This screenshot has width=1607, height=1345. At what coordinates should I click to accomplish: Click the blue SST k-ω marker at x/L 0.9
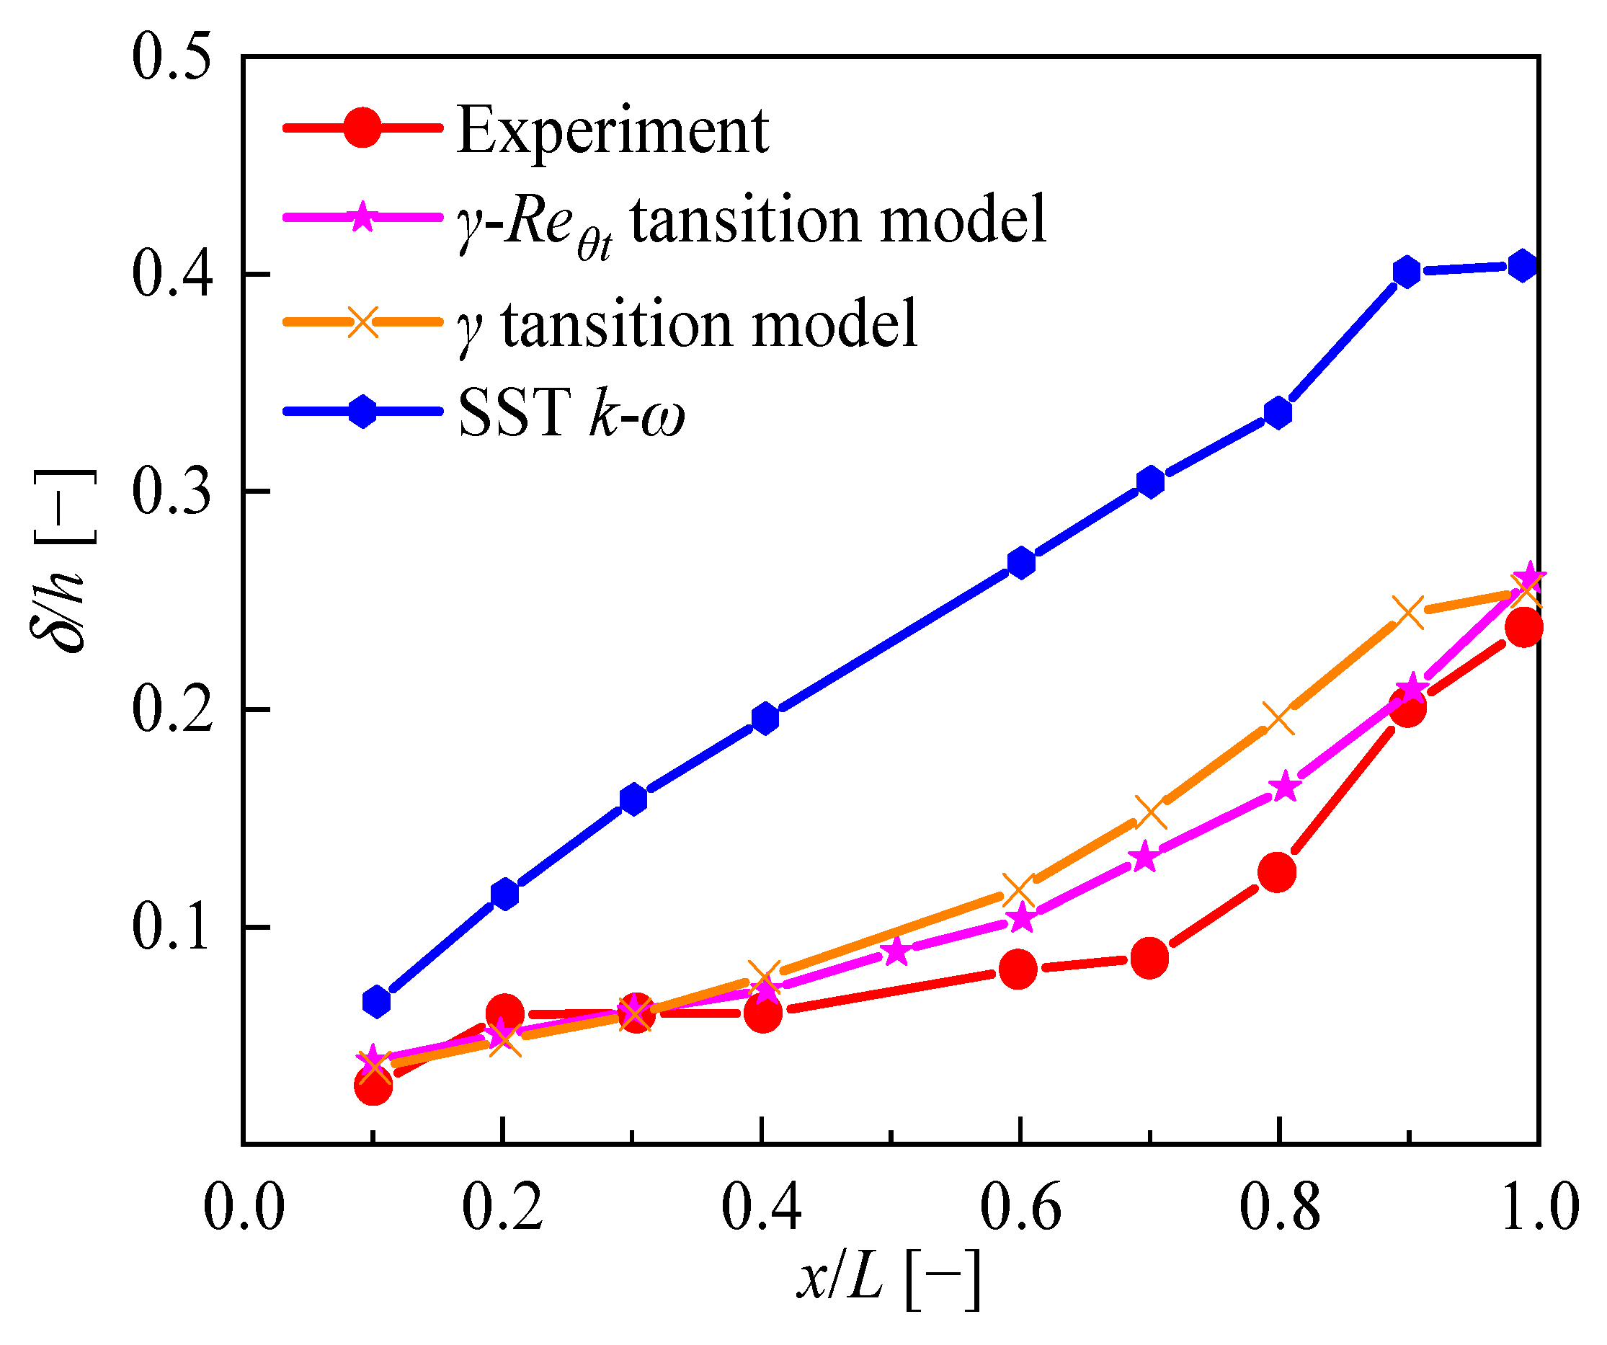click(1407, 272)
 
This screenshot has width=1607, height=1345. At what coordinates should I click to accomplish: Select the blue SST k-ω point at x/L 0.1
click(375, 1001)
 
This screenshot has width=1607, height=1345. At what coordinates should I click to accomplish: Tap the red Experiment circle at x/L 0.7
click(1149, 958)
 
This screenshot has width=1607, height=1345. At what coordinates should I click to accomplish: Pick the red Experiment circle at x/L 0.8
click(1277, 872)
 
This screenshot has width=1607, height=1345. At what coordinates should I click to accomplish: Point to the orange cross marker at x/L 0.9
click(1408, 612)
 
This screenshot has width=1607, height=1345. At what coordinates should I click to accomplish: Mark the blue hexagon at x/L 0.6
click(1021, 563)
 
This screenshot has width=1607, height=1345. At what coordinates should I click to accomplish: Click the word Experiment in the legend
click(613, 130)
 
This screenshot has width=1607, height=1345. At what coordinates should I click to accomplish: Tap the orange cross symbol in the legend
click(362, 321)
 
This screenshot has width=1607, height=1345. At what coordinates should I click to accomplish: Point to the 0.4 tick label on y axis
click(172, 274)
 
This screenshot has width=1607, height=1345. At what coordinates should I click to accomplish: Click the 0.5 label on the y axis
click(172, 58)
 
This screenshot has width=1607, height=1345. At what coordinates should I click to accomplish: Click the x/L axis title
click(888, 1279)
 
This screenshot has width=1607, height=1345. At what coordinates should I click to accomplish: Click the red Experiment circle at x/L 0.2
click(504, 1013)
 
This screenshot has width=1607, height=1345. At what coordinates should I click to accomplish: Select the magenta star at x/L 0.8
click(1284, 787)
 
